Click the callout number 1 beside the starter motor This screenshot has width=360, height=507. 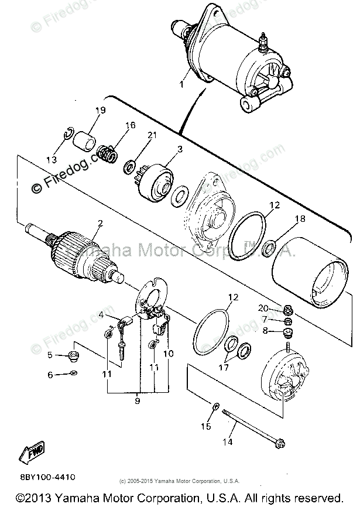pos(182,84)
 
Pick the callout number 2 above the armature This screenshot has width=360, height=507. pos(101,223)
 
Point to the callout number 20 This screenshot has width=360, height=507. pos(263,309)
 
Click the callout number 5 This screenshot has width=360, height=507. pos(50,355)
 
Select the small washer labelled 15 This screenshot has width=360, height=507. pos(215,405)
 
